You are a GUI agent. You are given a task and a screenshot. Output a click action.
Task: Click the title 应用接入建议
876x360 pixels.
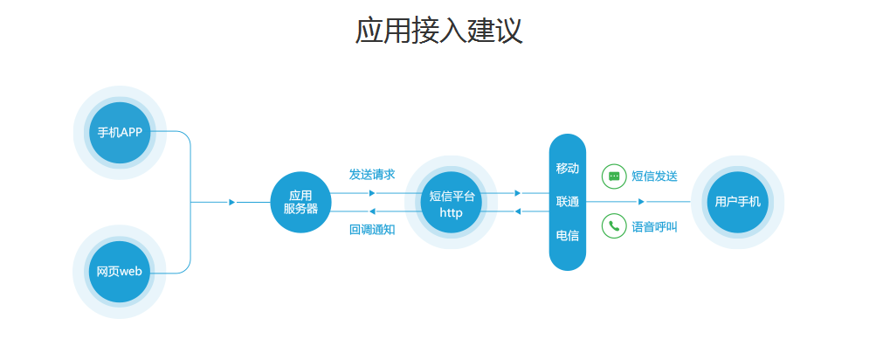tap(438, 31)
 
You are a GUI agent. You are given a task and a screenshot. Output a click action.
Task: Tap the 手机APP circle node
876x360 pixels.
tap(120, 133)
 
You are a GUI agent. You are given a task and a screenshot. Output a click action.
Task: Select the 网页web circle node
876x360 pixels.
tap(120, 272)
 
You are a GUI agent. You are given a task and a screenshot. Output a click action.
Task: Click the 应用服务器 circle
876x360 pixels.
tap(300, 203)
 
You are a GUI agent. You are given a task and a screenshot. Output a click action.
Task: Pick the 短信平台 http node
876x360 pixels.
tap(452, 203)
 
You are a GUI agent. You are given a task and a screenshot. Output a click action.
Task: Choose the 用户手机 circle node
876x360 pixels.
tap(737, 202)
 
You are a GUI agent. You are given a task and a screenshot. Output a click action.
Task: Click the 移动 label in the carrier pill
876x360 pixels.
tap(568, 169)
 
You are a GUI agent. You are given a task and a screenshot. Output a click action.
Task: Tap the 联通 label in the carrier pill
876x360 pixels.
tap(568, 202)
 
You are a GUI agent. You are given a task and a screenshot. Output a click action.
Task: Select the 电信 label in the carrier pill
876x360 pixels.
tap(568, 235)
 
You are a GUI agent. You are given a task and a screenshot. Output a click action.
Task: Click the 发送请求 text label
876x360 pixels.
tap(372, 175)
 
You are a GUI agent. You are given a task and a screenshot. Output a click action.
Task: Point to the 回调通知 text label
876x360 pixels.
tap(372, 230)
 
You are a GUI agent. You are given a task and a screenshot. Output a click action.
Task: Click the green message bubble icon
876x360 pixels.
tap(614, 177)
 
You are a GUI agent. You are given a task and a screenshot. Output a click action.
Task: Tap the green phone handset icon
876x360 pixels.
tap(614, 225)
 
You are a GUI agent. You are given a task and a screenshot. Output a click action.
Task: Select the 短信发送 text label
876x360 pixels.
tap(655, 177)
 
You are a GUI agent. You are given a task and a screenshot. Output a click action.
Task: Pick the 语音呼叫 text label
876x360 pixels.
tap(655, 227)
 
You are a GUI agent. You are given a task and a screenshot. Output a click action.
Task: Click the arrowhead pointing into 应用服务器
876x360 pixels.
tap(231, 203)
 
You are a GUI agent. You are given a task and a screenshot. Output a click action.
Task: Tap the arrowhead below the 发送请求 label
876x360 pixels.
tap(372, 193)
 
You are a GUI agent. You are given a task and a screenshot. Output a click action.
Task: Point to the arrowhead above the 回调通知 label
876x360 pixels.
tap(372, 211)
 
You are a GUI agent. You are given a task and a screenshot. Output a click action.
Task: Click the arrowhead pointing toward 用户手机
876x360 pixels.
tap(641, 202)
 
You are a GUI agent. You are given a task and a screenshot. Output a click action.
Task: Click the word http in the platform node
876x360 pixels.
tap(451, 213)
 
